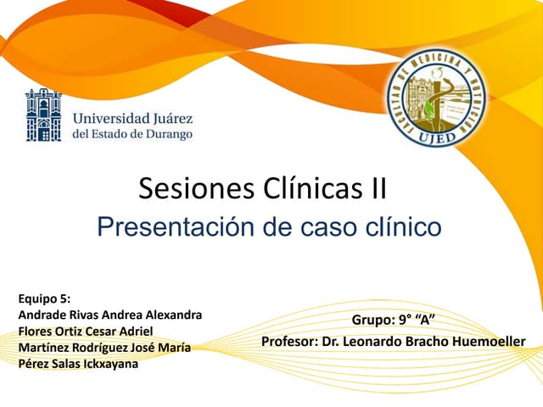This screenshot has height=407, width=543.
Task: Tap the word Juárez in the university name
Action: point(171,117)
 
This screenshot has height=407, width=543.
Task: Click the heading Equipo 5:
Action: point(44,298)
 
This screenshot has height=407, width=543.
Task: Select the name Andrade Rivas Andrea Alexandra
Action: point(109,315)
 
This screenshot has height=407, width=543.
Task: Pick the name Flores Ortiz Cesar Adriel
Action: point(86,331)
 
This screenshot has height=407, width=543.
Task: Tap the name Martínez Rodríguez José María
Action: point(104,348)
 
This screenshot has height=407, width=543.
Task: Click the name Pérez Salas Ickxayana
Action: point(77,364)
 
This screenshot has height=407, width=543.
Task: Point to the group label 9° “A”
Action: point(417,320)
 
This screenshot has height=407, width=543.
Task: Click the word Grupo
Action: point(371,320)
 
